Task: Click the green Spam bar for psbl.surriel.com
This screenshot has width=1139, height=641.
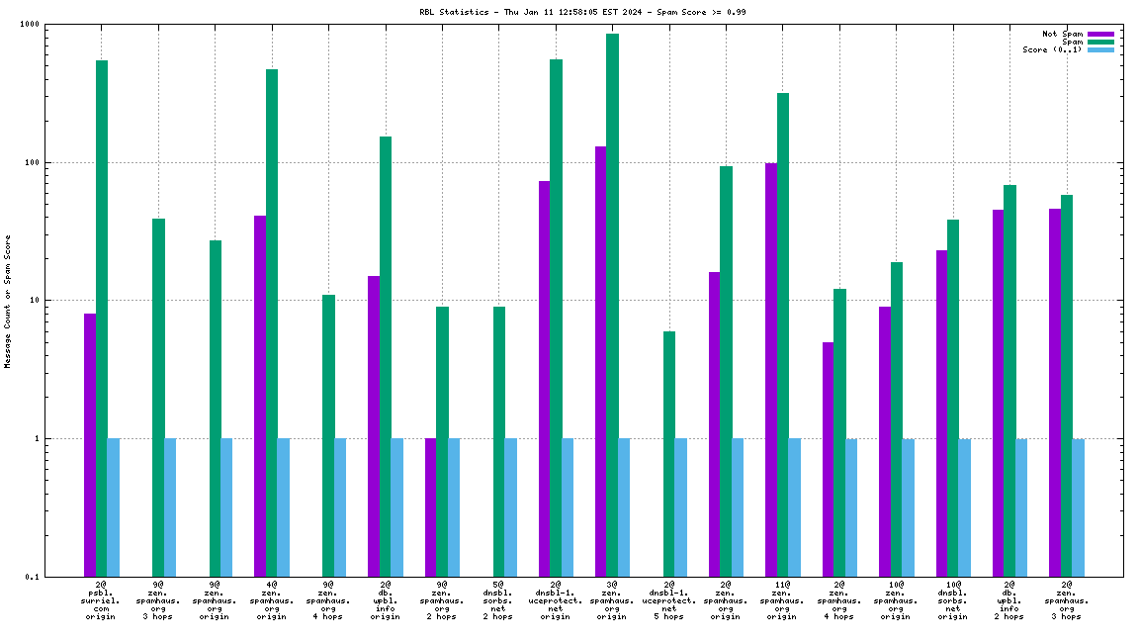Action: click(102, 317)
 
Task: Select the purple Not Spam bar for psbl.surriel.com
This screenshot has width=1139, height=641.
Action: click(90, 444)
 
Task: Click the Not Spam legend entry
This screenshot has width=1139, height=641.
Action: click(1064, 34)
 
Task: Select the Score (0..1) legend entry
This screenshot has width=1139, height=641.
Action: click(1054, 49)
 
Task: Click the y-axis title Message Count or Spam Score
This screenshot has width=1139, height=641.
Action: click(8, 301)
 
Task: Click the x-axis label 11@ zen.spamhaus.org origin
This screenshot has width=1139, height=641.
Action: click(782, 600)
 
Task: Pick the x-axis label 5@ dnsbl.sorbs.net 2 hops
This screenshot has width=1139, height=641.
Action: click(498, 600)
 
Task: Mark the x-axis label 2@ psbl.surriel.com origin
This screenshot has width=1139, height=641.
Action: click(101, 600)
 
